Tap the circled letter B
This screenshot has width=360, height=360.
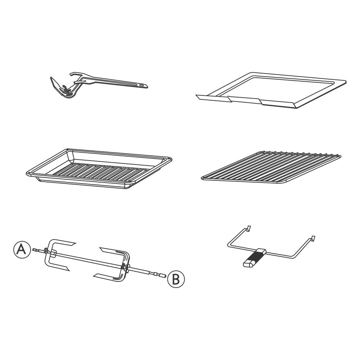tap(176, 279)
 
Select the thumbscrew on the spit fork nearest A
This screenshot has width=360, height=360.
tap(47, 251)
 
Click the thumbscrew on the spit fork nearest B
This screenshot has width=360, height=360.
tap(124, 267)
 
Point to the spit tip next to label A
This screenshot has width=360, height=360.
tap(35, 249)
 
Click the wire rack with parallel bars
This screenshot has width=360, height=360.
tap(271, 167)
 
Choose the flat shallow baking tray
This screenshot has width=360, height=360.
tap(271, 90)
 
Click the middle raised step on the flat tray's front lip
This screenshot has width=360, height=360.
tap(244, 100)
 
